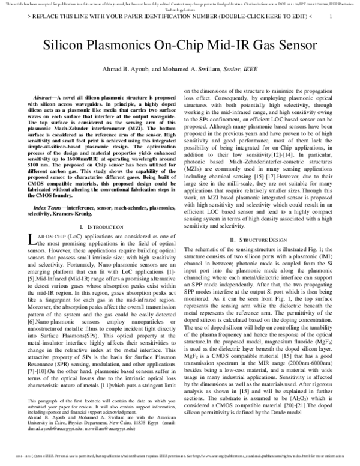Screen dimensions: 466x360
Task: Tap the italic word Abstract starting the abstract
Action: click(49, 97)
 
